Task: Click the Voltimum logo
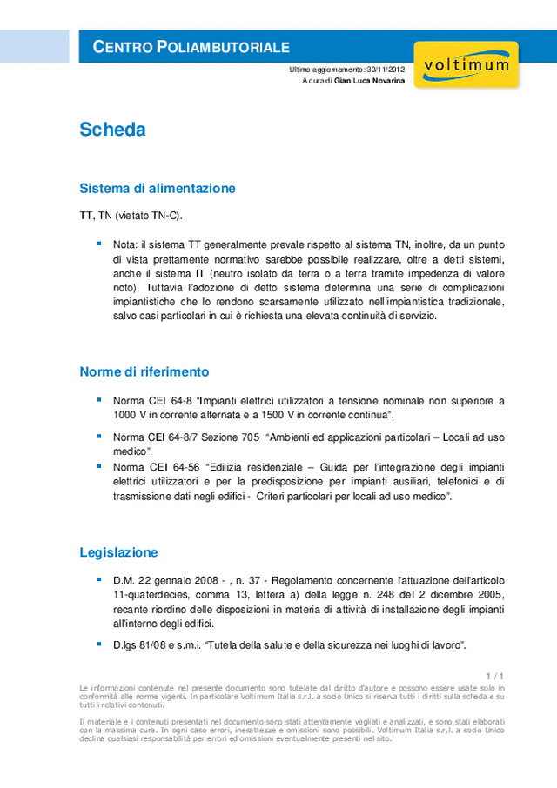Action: pos(466,65)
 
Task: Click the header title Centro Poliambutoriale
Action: pos(191,47)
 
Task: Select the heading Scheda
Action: pos(112,130)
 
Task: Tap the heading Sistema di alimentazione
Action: pos(158,188)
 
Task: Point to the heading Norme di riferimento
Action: pos(144,371)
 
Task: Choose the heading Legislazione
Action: pos(118,552)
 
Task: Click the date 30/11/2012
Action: pos(386,69)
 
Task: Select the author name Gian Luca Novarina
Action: pos(370,80)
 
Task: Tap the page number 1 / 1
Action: pos(496,676)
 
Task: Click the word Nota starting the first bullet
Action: pos(124,245)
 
